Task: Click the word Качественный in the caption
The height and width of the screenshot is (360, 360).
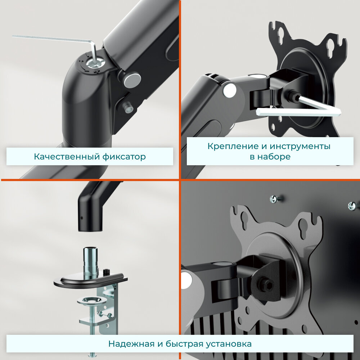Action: click(67, 157)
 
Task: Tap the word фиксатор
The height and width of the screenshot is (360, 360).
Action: click(124, 157)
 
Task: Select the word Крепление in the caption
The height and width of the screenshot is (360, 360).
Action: click(233, 146)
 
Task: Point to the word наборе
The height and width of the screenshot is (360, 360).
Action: click(274, 157)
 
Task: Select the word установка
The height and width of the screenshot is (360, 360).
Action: click(229, 344)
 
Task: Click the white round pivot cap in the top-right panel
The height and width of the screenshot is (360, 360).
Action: click(230, 90)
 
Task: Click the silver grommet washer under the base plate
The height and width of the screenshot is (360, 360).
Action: click(92, 301)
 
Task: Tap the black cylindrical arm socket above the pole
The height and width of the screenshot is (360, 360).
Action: click(90, 211)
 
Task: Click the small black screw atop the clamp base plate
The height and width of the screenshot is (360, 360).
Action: click(106, 272)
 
